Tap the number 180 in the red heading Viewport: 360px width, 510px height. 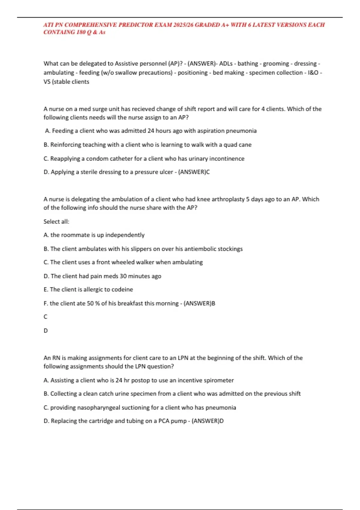pyautogui.click(x=81, y=32)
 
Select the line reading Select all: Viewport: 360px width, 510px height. pyautogui.click(x=56, y=221)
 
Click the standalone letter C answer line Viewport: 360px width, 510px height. pyautogui.click(x=46, y=317)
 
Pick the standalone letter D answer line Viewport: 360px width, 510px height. pyautogui.click(x=46, y=331)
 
